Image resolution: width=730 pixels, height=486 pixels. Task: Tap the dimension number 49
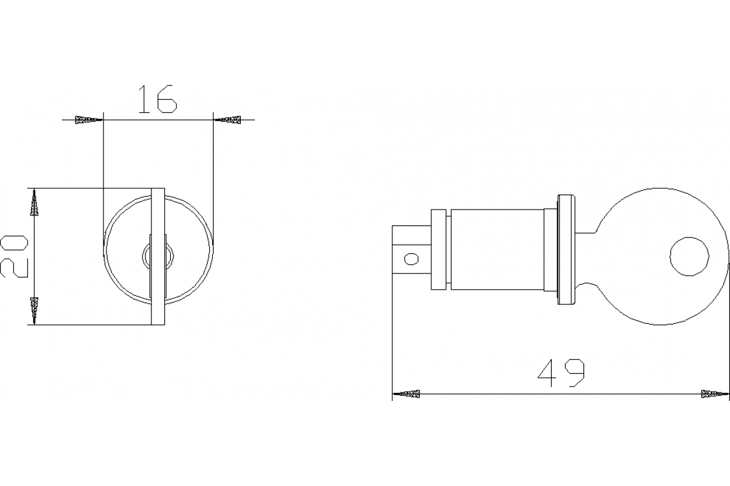pyautogui.click(x=561, y=373)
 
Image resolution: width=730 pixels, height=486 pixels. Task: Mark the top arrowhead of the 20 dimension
pyautogui.click(x=35, y=203)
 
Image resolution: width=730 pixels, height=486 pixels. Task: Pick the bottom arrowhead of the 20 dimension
pyautogui.click(x=35, y=310)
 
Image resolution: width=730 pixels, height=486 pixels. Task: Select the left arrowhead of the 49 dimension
pyautogui.click(x=407, y=394)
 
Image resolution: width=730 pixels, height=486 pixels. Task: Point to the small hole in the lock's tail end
pyautogui.click(x=412, y=259)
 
